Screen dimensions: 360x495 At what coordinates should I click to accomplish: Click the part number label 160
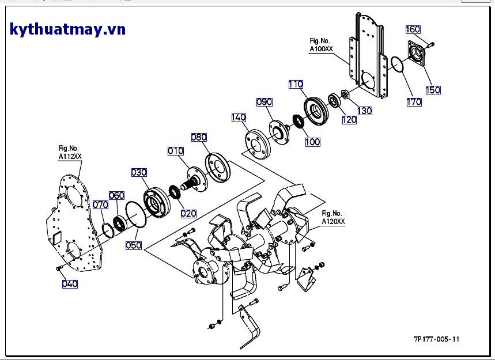point(413,29)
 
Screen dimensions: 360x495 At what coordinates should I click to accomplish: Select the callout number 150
point(433,90)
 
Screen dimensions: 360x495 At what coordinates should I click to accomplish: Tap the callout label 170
point(414,102)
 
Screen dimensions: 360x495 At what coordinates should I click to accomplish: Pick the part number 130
point(365,111)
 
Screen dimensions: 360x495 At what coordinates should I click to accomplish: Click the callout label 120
point(349,120)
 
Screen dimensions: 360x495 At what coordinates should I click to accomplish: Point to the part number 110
point(296,85)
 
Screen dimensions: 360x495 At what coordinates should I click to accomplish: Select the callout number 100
point(312,142)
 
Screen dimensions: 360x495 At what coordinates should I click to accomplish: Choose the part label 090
point(264,102)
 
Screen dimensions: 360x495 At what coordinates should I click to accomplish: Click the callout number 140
point(239,118)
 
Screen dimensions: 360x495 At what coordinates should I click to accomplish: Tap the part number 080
point(199,137)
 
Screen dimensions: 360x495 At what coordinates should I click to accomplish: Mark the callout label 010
point(176,151)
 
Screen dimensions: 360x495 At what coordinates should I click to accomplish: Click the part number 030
point(139,172)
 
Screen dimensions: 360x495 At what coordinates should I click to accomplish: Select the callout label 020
point(188,213)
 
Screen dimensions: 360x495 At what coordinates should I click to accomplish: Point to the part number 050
point(134,245)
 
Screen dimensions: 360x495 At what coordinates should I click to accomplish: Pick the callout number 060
point(116,195)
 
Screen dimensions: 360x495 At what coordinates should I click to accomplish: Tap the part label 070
point(100,204)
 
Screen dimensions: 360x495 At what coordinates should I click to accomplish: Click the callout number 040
point(70,283)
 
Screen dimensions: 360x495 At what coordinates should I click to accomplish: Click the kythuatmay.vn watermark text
point(67,29)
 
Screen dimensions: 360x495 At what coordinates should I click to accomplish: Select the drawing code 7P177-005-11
point(436,339)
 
